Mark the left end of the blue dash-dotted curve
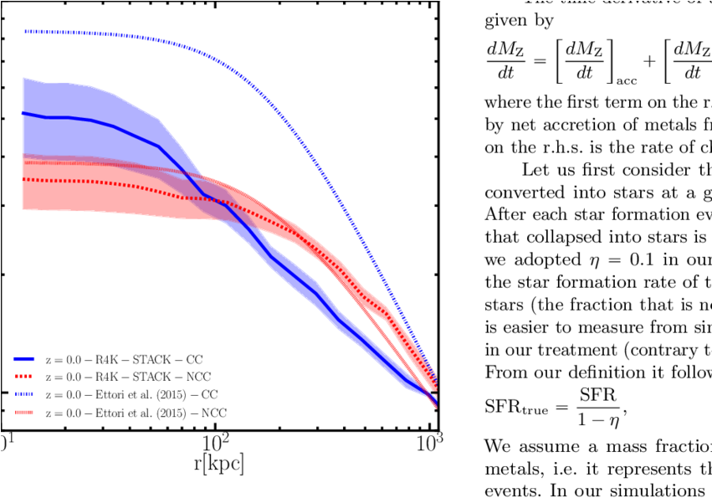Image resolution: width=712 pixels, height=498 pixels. pyautogui.click(x=24, y=31)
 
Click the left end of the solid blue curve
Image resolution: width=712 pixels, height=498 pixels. pyautogui.click(x=23, y=113)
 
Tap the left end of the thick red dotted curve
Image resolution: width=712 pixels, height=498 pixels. pyautogui.click(x=23, y=179)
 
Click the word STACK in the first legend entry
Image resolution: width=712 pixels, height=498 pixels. pyautogui.click(x=152, y=359)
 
